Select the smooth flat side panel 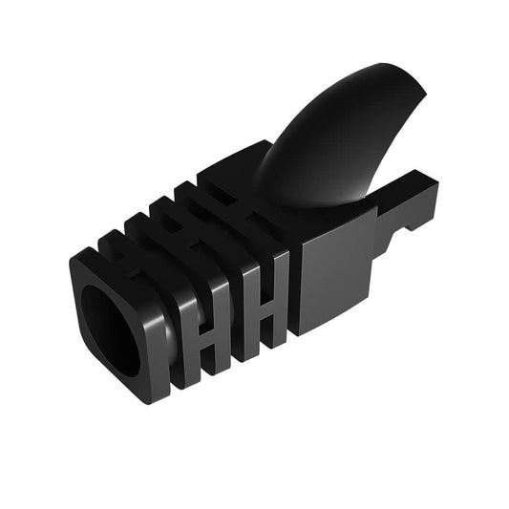point(334,277)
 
